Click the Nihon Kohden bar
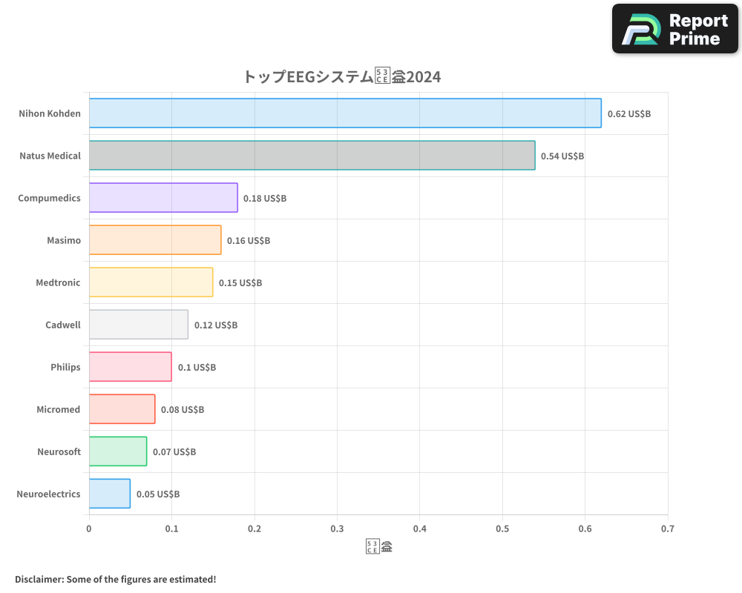coord(345,113)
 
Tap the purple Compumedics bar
coord(163,198)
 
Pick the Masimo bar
coord(155,240)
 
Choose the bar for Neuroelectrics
coord(109,494)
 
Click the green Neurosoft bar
coord(117,451)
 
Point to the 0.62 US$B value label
coord(629,114)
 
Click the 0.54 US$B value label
coord(562,156)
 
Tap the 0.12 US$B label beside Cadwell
coord(216,325)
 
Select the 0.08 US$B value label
coord(183,410)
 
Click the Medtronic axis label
coord(58,283)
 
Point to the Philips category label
coord(65,368)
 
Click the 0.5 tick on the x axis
coord(502,529)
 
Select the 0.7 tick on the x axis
coord(668,529)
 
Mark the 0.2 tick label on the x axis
coord(255,529)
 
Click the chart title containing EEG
coord(342,76)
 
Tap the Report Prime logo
coord(675,29)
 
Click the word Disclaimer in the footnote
coord(39,579)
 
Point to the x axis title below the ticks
coord(379,548)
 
